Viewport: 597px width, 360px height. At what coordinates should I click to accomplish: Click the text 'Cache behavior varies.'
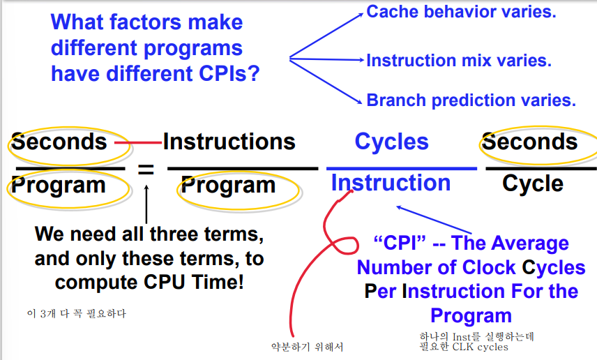tap(461, 12)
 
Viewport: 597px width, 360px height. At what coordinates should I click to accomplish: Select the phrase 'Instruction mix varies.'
tap(459, 61)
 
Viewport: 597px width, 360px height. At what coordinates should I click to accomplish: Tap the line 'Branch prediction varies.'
tap(471, 100)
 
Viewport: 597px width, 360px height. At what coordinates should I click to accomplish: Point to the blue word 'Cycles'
tap(392, 142)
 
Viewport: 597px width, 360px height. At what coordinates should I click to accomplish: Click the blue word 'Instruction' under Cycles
tap(391, 183)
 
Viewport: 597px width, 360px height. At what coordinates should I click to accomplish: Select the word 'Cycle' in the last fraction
tap(533, 183)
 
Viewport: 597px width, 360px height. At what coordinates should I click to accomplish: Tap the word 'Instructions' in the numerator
tap(229, 142)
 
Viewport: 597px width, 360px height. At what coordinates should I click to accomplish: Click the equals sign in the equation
tap(146, 169)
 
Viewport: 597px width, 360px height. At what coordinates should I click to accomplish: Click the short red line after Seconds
tap(138, 143)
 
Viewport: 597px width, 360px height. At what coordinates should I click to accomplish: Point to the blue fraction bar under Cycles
tap(402, 168)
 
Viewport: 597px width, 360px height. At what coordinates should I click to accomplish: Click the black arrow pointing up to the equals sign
tap(146, 204)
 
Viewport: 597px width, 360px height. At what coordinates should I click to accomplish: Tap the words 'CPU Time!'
tap(194, 283)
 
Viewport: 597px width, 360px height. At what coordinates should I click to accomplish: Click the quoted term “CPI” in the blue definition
tap(400, 243)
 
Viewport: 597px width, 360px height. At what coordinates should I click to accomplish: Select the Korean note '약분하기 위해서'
tap(308, 347)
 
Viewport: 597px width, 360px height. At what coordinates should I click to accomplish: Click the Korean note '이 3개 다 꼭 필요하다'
tap(77, 313)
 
